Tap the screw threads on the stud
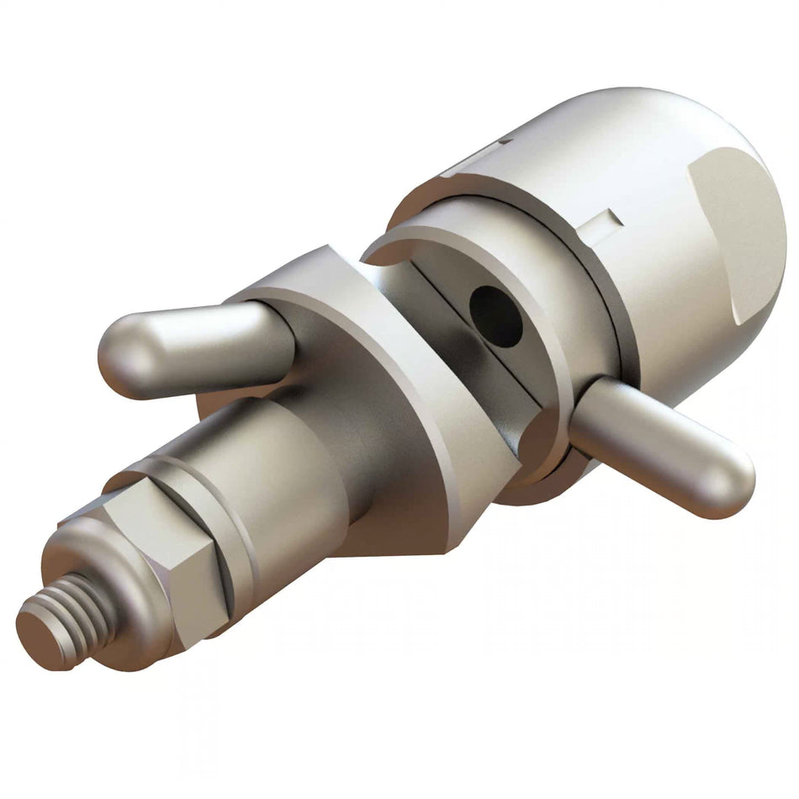click(76, 610)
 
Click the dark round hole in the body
click(496, 316)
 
